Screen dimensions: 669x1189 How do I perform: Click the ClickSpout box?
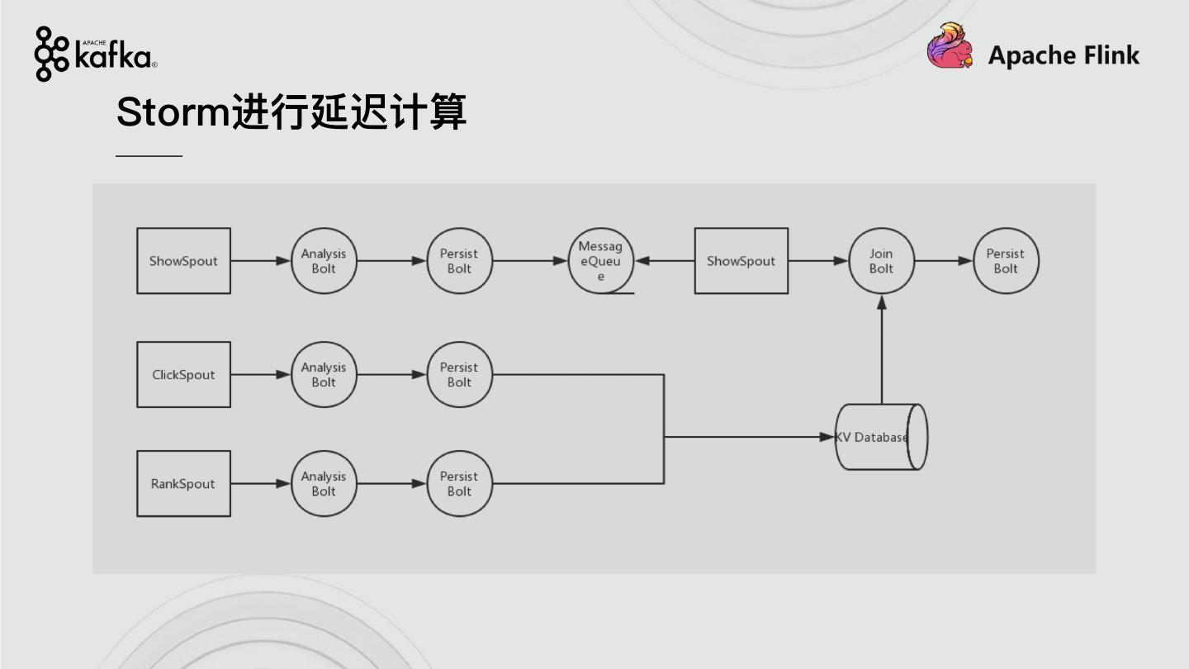click(x=183, y=374)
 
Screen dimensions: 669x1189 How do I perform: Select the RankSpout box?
click(x=183, y=483)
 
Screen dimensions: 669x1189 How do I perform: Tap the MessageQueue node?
click(x=600, y=261)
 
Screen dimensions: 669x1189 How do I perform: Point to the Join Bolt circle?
click(x=881, y=261)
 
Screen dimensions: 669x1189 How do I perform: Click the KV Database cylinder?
click(x=880, y=437)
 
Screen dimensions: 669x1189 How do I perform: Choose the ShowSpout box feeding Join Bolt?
click(x=741, y=261)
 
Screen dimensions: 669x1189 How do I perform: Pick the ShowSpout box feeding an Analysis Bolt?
click(x=183, y=261)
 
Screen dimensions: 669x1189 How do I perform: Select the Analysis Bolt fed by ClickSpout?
click(x=324, y=374)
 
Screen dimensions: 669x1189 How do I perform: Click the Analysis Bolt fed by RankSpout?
click(x=324, y=483)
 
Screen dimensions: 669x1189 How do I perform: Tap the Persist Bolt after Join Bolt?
click(x=1005, y=261)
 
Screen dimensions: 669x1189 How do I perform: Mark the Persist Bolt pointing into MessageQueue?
click(x=459, y=261)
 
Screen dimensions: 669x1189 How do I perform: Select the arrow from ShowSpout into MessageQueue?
click(x=665, y=261)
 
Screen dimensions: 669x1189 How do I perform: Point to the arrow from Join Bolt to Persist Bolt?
click(x=944, y=261)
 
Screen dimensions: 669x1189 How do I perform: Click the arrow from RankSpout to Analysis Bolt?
click(x=260, y=483)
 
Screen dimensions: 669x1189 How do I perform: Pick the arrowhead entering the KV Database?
click(x=827, y=437)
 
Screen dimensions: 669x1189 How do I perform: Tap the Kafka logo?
click(x=96, y=55)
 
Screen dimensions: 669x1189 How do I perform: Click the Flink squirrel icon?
click(x=950, y=46)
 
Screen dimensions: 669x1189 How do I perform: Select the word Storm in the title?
click(x=172, y=111)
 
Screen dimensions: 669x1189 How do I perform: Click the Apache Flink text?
click(x=1063, y=55)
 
